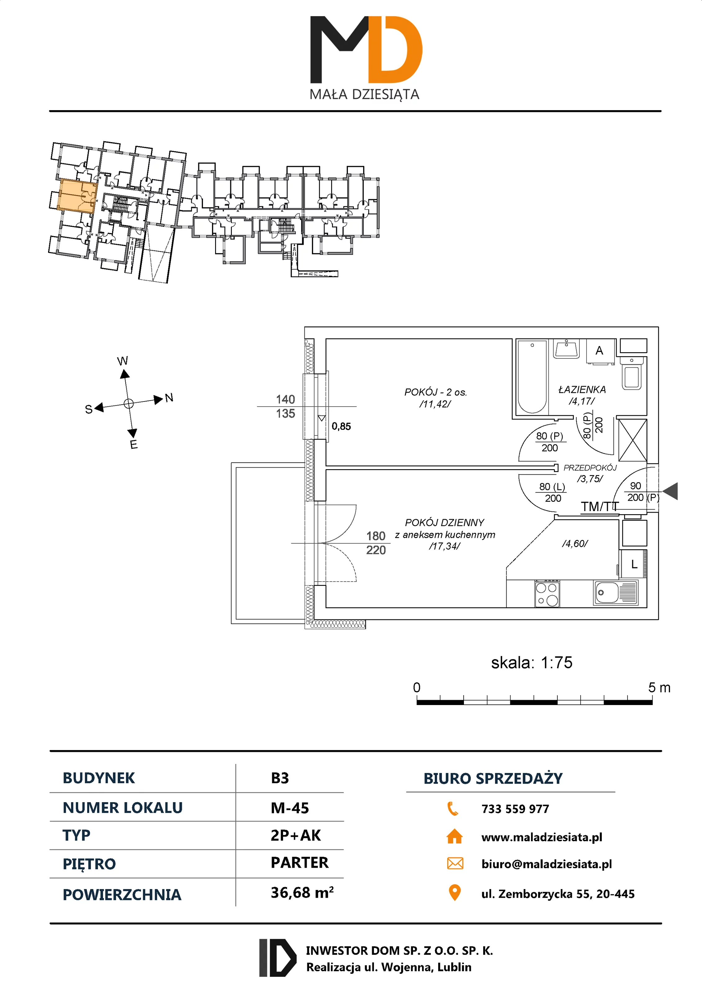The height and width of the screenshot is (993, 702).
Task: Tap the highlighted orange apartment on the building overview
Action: [76, 195]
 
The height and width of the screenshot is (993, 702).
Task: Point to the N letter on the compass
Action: [169, 398]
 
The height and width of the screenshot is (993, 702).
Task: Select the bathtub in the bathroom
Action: [532, 377]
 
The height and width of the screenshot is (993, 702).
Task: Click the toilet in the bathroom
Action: [632, 374]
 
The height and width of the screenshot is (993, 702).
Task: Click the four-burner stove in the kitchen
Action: [547, 594]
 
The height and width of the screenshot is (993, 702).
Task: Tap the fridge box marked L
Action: [634, 564]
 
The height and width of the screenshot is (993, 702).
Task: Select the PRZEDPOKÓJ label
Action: [590, 468]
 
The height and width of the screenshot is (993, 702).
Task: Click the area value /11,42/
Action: [435, 404]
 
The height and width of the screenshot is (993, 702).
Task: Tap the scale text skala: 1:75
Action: [532, 663]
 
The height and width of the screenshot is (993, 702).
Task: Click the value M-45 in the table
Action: [290, 808]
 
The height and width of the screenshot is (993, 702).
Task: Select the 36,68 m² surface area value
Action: [302, 892]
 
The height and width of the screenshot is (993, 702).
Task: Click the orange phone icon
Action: [453, 808]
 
